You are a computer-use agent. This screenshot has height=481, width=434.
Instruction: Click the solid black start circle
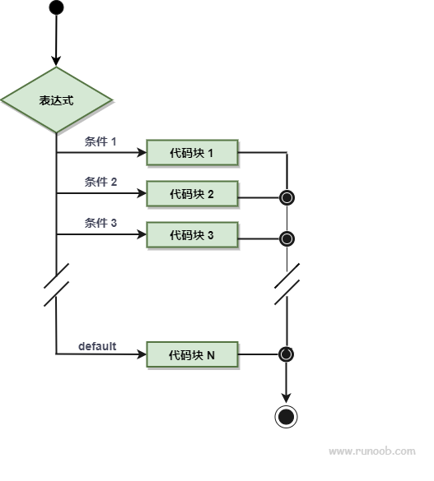(56, 7)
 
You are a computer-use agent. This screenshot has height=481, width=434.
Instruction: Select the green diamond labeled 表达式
(56, 100)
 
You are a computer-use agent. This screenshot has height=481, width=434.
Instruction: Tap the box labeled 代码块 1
(192, 152)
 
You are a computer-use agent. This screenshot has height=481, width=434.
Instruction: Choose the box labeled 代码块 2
(192, 193)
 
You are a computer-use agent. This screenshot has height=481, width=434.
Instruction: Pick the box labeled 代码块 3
(192, 234)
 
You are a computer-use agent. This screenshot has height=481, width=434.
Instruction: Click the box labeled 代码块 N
(192, 354)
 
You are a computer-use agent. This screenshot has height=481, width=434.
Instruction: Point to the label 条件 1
(100, 141)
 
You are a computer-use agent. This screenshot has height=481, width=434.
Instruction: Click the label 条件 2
(100, 182)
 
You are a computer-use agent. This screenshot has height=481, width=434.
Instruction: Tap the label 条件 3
(100, 223)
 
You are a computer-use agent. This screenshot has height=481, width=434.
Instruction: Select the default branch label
(97, 346)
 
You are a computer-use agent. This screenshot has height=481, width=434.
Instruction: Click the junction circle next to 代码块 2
(287, 197)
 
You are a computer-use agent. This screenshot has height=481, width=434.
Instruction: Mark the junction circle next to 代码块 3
(287, 238)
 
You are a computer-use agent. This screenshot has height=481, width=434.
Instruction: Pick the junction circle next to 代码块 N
(287, 354)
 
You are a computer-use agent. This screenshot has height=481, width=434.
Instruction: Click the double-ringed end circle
(286, 417)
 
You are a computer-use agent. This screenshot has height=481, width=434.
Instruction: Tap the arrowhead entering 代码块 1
(142, 152)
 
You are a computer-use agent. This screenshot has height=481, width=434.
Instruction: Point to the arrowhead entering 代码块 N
(142, 354)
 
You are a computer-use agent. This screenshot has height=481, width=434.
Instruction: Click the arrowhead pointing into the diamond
(56, 61)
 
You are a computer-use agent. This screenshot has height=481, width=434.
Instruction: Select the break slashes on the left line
(56, 284)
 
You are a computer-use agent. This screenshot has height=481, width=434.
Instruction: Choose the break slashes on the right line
(287, 284)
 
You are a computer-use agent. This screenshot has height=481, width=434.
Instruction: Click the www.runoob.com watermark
(372, 451)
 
